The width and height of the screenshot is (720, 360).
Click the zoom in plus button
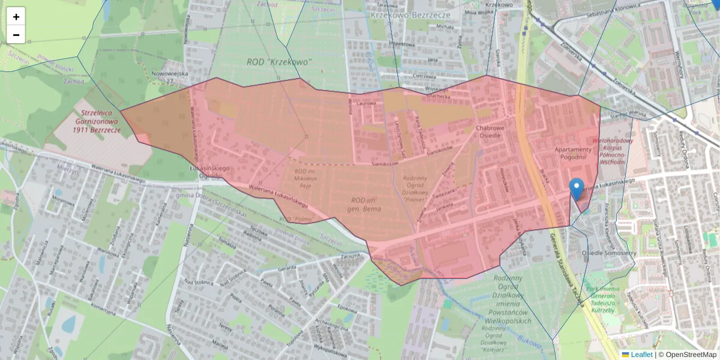click(16, 17)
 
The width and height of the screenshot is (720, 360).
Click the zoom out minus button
click(16, 35)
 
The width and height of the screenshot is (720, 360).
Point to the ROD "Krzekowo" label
click(280, 62)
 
